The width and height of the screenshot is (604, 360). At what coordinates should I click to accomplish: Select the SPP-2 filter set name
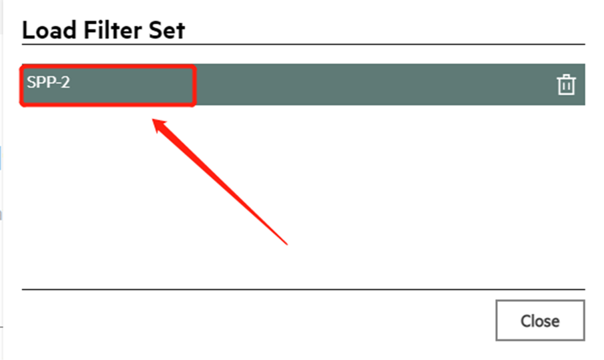tap(48, 83)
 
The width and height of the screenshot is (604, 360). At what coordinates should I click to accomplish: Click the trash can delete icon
tap(566, 85)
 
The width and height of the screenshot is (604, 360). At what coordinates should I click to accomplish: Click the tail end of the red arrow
tap(287, 244)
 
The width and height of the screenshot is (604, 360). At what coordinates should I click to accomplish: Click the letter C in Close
tap(525, 321)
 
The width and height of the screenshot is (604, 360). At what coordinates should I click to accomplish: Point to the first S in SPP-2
tap(31, 83)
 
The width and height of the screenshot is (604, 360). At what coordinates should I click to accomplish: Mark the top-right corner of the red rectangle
tap(194, 67)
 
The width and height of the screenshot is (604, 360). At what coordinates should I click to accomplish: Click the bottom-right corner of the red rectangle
tap(194, 104)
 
